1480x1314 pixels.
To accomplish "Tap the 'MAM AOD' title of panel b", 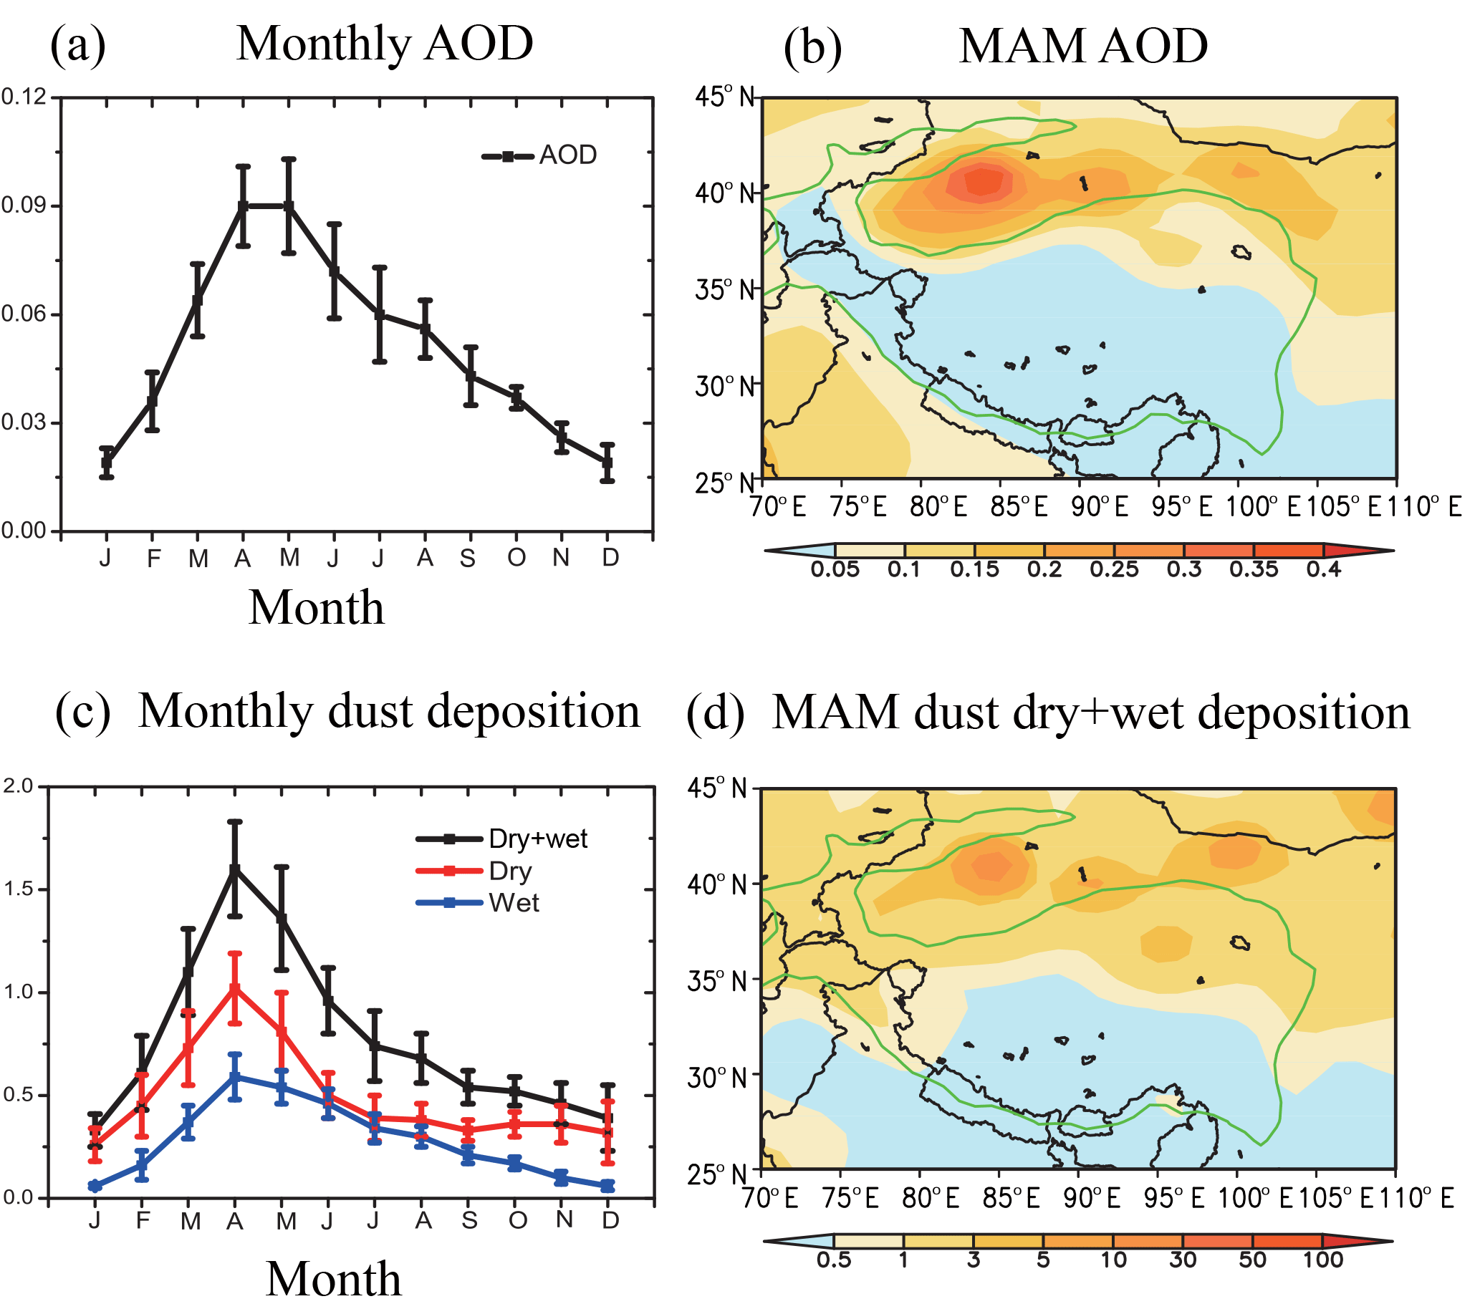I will (1083, 47).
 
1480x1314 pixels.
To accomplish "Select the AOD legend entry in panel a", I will (539, 155).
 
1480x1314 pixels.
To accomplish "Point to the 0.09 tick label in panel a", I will (23, 206).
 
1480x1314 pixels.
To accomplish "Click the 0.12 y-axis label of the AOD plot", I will (23, 96).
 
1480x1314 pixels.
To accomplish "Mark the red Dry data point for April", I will (234, 989).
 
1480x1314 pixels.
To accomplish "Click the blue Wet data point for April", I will (234, 1077).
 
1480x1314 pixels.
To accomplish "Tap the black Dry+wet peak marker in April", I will (234, 869).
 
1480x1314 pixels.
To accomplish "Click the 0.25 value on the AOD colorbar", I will (1115, 570).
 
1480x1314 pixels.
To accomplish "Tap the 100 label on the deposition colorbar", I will (1323, 1260).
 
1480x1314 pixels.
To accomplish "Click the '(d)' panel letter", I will (716, 713).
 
